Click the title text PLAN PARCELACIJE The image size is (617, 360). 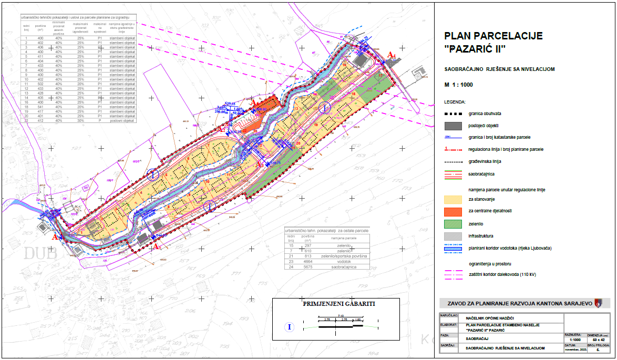[493, 36]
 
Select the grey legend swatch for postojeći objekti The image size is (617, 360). [453, 126]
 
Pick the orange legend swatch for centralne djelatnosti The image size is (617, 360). [453, 211]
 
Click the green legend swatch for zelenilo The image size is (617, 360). [453, 223]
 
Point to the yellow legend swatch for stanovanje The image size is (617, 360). [453, 199]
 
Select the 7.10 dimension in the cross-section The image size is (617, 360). [341, 315]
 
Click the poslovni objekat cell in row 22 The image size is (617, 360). [122, 120]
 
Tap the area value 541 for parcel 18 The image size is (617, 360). [40, 107]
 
